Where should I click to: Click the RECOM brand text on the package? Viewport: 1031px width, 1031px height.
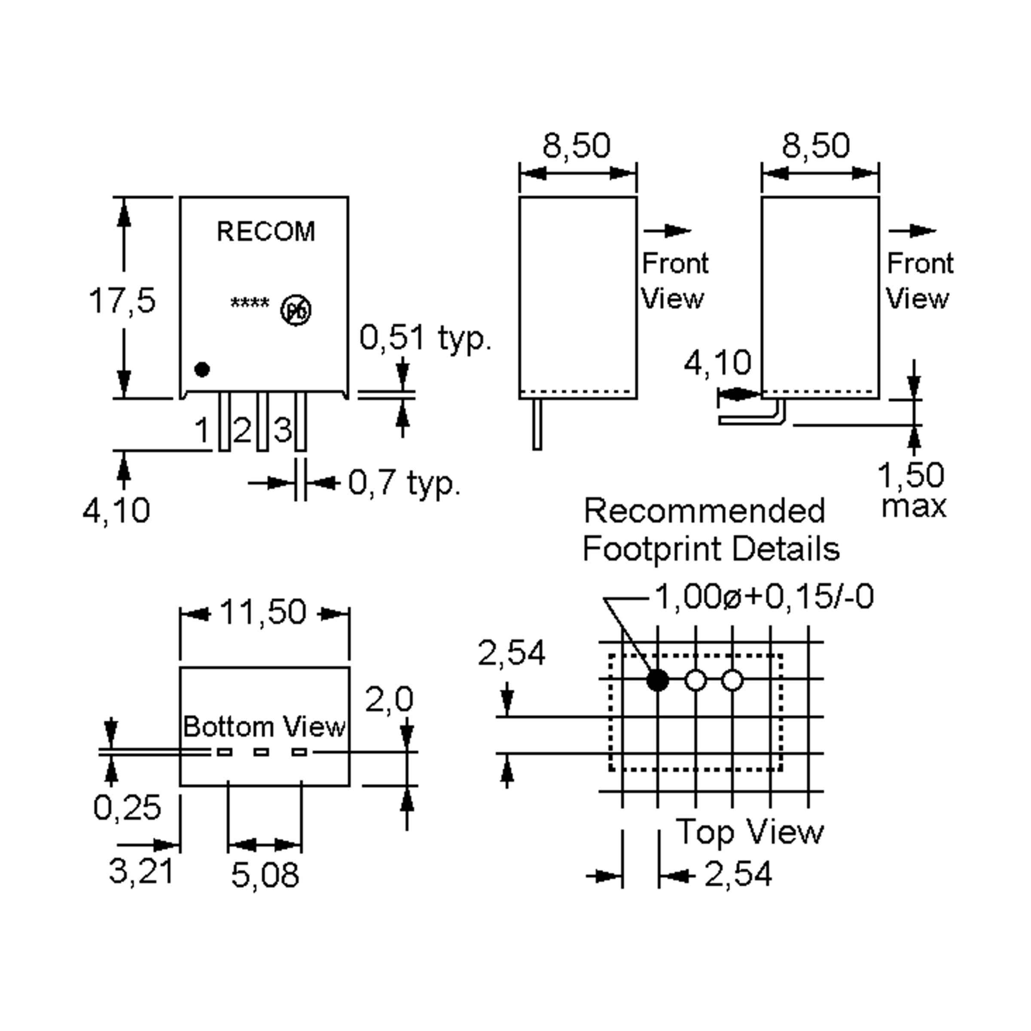pos(266,232)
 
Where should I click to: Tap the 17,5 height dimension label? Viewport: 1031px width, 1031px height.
pos(122,300)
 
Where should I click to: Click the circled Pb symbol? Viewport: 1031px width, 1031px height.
pos(296,311)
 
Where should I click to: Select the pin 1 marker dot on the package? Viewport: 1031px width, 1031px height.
pos(202,369)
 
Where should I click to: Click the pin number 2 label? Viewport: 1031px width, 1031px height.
pos(242,430)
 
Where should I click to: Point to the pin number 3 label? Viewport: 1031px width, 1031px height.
pos(282,430)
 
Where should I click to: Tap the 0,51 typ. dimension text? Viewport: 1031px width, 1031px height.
pos(425,338)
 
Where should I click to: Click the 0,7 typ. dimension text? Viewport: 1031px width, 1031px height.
pos(404,483)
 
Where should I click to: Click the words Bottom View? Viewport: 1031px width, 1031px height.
pos(264,727)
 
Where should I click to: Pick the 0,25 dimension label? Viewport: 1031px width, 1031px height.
pos(127,808)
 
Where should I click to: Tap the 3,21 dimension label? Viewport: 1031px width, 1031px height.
pos(141,872)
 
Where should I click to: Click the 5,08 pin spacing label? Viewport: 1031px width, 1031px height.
pos(265,875)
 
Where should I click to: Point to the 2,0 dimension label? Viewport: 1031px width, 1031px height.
pos(389,700)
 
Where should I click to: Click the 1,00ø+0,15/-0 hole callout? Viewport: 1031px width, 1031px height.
pos(764,597)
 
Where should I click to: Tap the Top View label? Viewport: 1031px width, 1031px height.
pos(750,831)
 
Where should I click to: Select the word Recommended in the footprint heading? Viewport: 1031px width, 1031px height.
pos(705,511)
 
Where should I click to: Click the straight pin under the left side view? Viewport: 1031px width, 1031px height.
pos(537,424)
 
